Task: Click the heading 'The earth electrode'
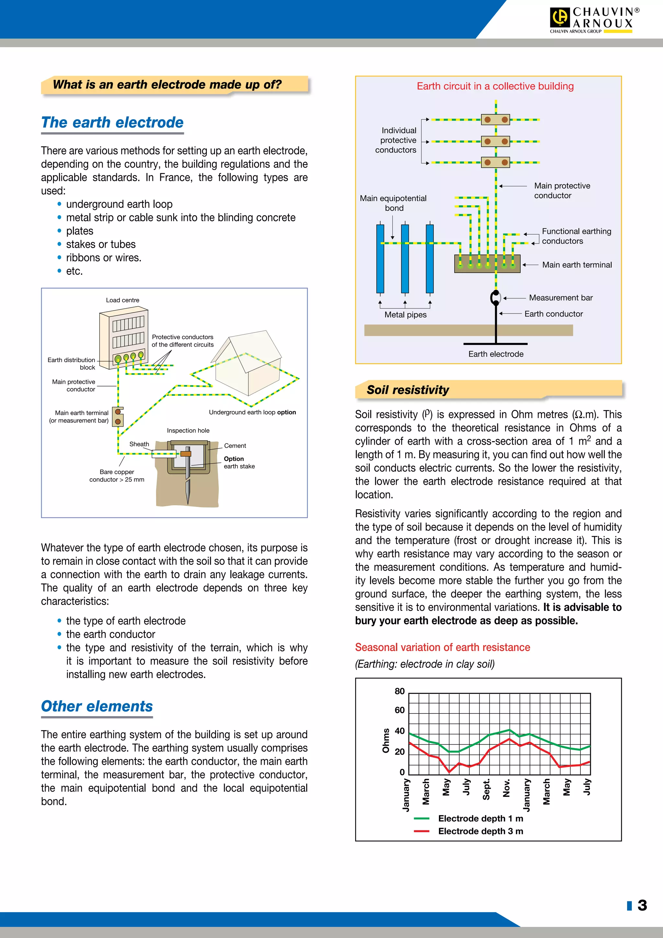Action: coord(112,122)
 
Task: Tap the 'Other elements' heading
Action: coord(97,706)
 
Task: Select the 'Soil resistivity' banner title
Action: coord(408,390)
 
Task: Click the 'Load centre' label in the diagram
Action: coord(122,300)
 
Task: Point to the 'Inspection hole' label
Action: coord(188,430)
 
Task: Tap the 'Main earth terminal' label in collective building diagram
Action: coord(577,265)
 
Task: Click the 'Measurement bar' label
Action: coord(560,298)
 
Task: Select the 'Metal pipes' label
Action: coord(405,315)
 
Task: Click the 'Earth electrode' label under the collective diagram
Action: coord(496,354)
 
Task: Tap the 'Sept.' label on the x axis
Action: coord(486,790)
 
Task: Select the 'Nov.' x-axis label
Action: coord(507,788)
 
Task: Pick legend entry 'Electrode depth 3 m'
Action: coord(480,831)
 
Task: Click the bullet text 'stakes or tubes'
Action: coord(101,244)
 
